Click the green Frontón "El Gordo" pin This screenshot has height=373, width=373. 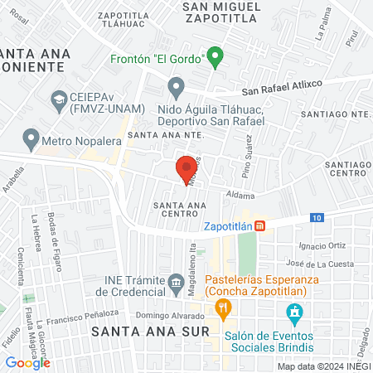pos(215,58)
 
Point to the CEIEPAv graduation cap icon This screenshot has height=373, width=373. pos(59,101)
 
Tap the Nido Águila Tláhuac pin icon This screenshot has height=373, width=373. pos(176,86)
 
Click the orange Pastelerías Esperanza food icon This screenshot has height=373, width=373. pos(221,310)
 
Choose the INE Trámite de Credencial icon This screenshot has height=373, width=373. pos(176,283)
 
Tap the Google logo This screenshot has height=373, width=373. pos(28,362)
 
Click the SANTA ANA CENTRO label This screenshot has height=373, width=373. pos(173,208)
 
